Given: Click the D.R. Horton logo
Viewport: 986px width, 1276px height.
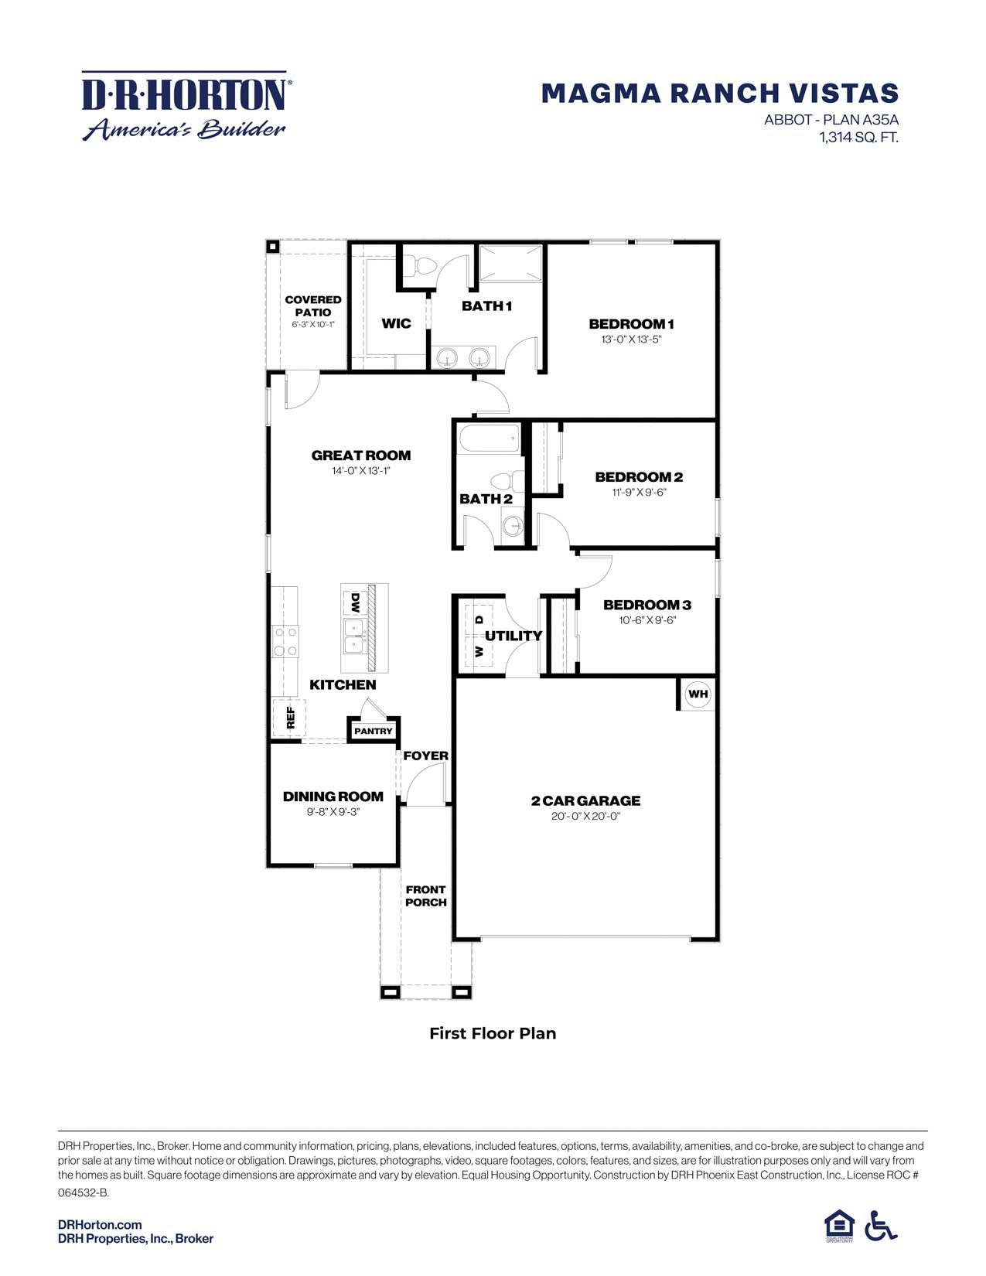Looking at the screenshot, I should [185, 107].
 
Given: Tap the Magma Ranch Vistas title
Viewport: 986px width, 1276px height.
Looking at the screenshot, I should [719, 94].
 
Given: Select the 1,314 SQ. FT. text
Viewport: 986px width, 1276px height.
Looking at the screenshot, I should [858, 138].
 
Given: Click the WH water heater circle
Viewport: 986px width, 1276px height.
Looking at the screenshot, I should [698, 694].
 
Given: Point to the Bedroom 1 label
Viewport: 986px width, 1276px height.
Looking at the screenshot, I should [631, 324].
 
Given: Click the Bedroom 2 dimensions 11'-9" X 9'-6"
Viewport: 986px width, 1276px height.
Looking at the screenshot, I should [639, 492].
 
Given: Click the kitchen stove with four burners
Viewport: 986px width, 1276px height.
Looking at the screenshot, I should [285, 641].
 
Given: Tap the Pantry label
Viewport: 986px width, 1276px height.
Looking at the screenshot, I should [373, 731].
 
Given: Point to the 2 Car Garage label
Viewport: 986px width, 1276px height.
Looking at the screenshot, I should [585, 800].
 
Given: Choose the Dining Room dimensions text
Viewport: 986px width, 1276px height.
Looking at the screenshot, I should [333, 812].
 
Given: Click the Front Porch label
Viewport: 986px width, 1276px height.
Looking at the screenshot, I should [425, 896].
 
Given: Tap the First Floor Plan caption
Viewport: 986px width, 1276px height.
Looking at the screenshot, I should [493, 1033].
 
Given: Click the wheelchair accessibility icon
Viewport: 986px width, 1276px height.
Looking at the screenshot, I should [881, 1225].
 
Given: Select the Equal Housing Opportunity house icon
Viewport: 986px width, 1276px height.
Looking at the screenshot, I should [838, 1225].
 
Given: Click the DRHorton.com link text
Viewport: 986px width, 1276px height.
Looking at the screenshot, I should [100, 1224].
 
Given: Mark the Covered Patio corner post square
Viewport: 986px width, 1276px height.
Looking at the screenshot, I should [272, 247].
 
